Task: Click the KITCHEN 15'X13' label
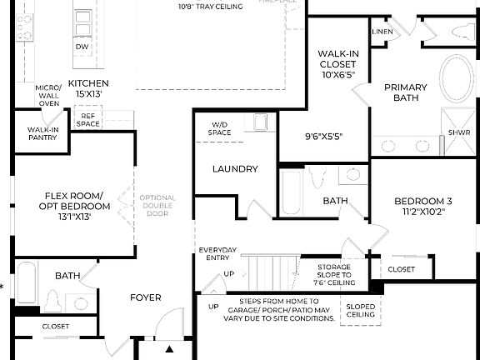coord(88,88)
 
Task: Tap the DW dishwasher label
coord(82,47)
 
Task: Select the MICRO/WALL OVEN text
coord(48,96)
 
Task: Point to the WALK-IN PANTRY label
coord(42,134)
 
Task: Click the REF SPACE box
coord(88,120)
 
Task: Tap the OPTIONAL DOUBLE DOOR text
coord(157,205)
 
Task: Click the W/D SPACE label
coord(219,128)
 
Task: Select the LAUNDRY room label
coord(235,169)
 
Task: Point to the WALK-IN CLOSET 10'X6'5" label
coord(337,63)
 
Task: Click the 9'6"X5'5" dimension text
coord(322,136)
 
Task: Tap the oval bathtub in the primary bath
coord(455,77)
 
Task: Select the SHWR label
coord(459,132)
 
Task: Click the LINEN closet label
coord(382,32)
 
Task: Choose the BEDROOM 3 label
coord(423,206)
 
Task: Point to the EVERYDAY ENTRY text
coord(217,254)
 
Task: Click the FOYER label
coord(145,297)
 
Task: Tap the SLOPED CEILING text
coord(360,310)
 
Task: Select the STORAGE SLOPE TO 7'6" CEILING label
coord(333,274)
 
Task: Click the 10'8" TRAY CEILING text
coord(210,7)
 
